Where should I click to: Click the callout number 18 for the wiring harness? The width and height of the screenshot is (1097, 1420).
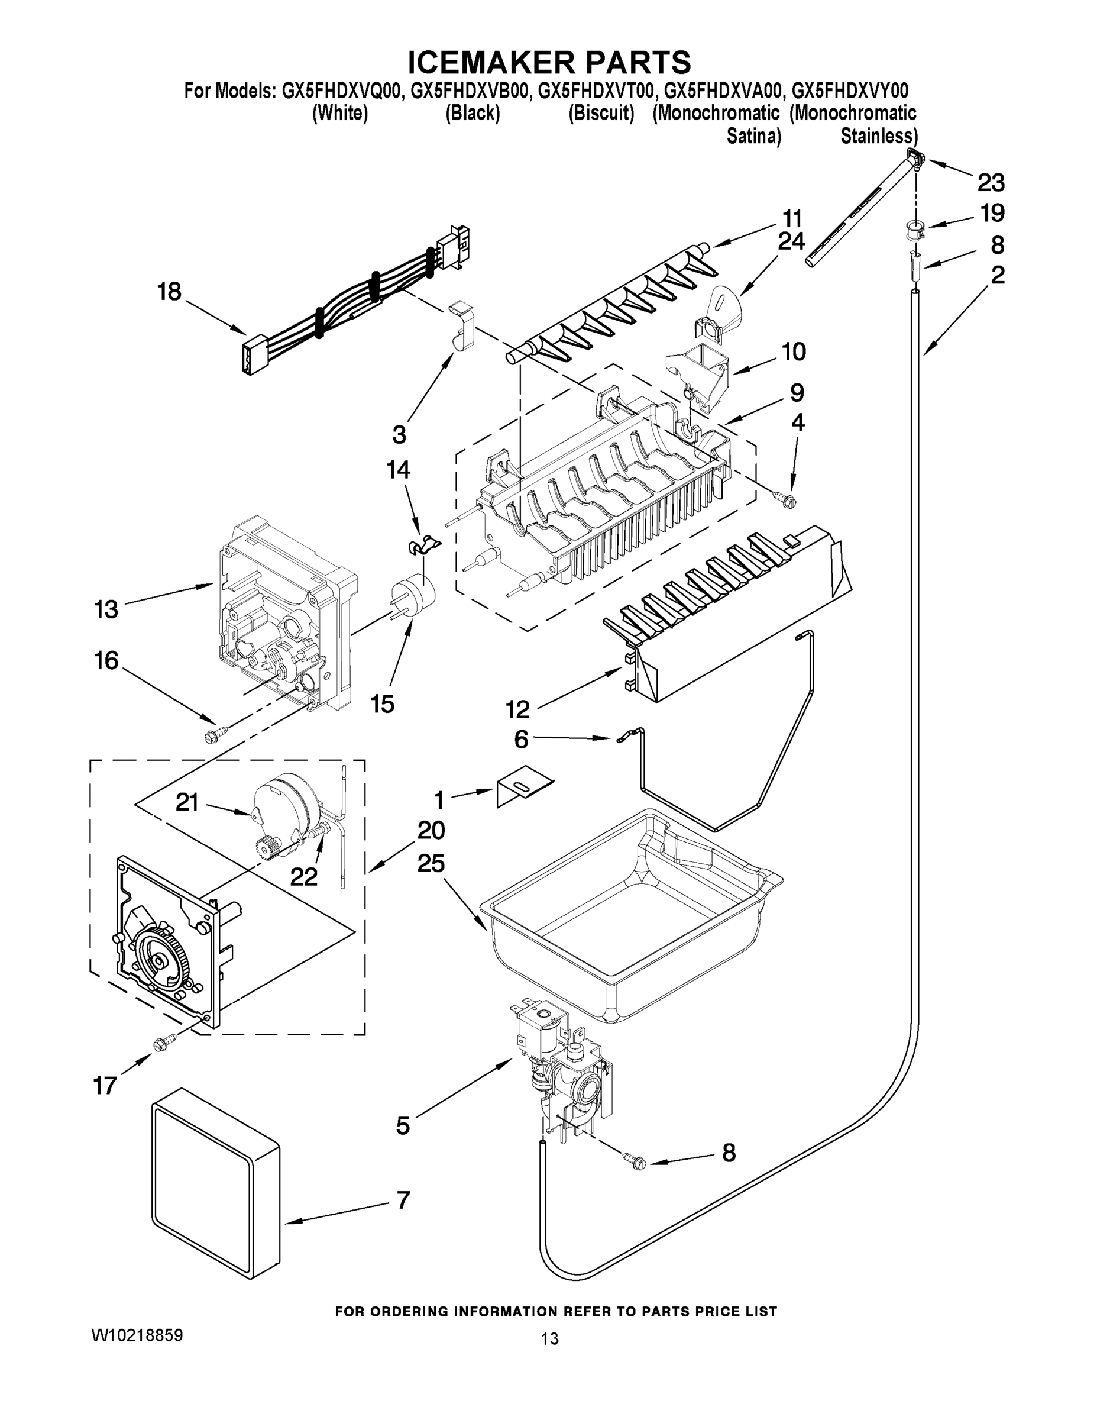click(169, 291)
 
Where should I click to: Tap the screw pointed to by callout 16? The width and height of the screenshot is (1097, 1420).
click(213, 734)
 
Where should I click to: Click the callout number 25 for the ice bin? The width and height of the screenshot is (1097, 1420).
click(431, 863)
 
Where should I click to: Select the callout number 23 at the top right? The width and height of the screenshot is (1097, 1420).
click(991, 183)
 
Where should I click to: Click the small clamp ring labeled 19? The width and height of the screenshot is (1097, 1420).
click(915, 229)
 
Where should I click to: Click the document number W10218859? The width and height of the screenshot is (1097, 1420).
click(137, 1335)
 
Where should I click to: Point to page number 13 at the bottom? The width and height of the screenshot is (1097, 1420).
click(549, 1338)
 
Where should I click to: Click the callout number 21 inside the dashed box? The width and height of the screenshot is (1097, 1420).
click(187, 802)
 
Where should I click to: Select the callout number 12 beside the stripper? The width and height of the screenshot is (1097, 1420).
click(517, 709)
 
